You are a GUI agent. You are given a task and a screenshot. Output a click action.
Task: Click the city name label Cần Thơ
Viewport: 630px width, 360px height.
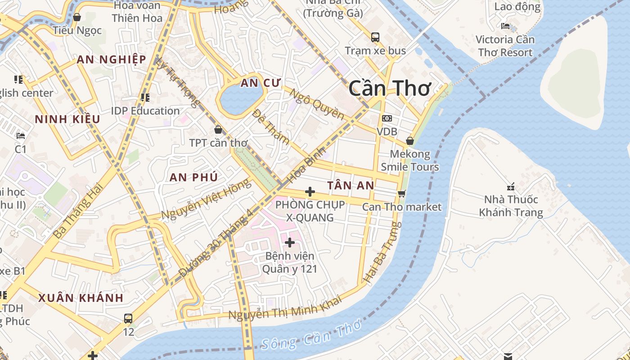coord(390,89)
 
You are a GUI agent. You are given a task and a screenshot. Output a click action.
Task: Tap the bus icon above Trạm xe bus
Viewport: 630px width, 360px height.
coord(375,37)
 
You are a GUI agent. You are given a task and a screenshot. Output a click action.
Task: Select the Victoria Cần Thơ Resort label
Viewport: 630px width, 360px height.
coord(505,46)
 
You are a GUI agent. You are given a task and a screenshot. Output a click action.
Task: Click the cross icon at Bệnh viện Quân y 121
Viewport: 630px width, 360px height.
coord(290,243)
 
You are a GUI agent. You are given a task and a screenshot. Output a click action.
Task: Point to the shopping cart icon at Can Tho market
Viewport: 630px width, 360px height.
coord(401,193)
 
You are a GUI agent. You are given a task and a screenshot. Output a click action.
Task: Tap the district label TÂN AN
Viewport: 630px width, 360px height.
coord(351,185)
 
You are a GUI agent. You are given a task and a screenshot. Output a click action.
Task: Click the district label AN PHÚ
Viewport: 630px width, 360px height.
coord(193,177)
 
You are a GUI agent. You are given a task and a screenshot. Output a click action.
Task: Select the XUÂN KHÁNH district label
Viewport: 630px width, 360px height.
coord(81,298)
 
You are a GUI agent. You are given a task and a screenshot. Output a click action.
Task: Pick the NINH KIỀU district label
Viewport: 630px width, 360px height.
coord(67,119)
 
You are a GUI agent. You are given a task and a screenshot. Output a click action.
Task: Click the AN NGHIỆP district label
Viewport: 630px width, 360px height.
coord(111,59)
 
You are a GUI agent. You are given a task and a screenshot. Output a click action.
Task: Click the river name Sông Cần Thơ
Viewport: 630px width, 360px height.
coord(311,337)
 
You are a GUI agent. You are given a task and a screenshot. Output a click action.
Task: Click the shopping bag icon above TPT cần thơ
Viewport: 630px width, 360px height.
coord(218,130)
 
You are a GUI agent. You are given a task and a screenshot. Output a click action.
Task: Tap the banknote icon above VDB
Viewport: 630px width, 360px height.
coord(387,118)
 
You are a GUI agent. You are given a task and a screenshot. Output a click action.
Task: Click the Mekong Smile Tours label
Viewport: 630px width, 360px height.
coord(409,161)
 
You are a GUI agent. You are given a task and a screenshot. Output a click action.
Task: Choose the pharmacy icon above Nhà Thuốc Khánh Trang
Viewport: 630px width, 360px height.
coord(510,186)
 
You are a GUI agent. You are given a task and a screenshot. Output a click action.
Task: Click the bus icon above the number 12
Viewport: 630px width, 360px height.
coord(128,319)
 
